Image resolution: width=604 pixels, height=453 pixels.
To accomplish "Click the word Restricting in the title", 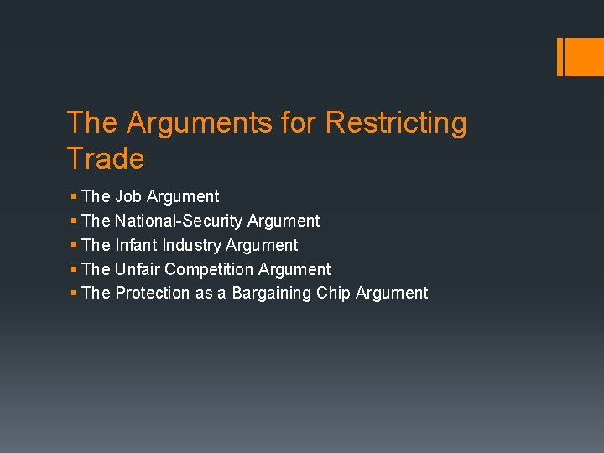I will tap(395, 123).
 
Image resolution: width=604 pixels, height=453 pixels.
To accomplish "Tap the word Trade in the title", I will tap(105, 159).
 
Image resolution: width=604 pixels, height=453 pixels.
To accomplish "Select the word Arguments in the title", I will tap(199, 123).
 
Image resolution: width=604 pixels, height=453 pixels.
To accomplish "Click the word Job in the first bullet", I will tap(128, 196).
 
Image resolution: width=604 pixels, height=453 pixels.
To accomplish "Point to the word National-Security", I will tap(179, 221).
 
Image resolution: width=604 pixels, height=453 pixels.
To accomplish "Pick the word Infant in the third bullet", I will tap(136, 245).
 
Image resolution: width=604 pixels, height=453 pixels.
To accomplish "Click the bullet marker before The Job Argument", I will tap(75, 196).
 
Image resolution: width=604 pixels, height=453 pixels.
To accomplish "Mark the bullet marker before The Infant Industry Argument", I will tap(75, 245).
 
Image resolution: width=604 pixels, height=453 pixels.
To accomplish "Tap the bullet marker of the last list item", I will tap(75, 293).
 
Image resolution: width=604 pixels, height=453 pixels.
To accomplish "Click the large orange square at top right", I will tap(584, 57).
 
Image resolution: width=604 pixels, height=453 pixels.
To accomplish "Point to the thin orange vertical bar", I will tap(560, 57).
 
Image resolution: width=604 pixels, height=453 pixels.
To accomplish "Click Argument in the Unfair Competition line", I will tap(294, 269).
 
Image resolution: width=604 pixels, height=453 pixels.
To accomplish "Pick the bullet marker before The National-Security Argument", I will tap(75, 221).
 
